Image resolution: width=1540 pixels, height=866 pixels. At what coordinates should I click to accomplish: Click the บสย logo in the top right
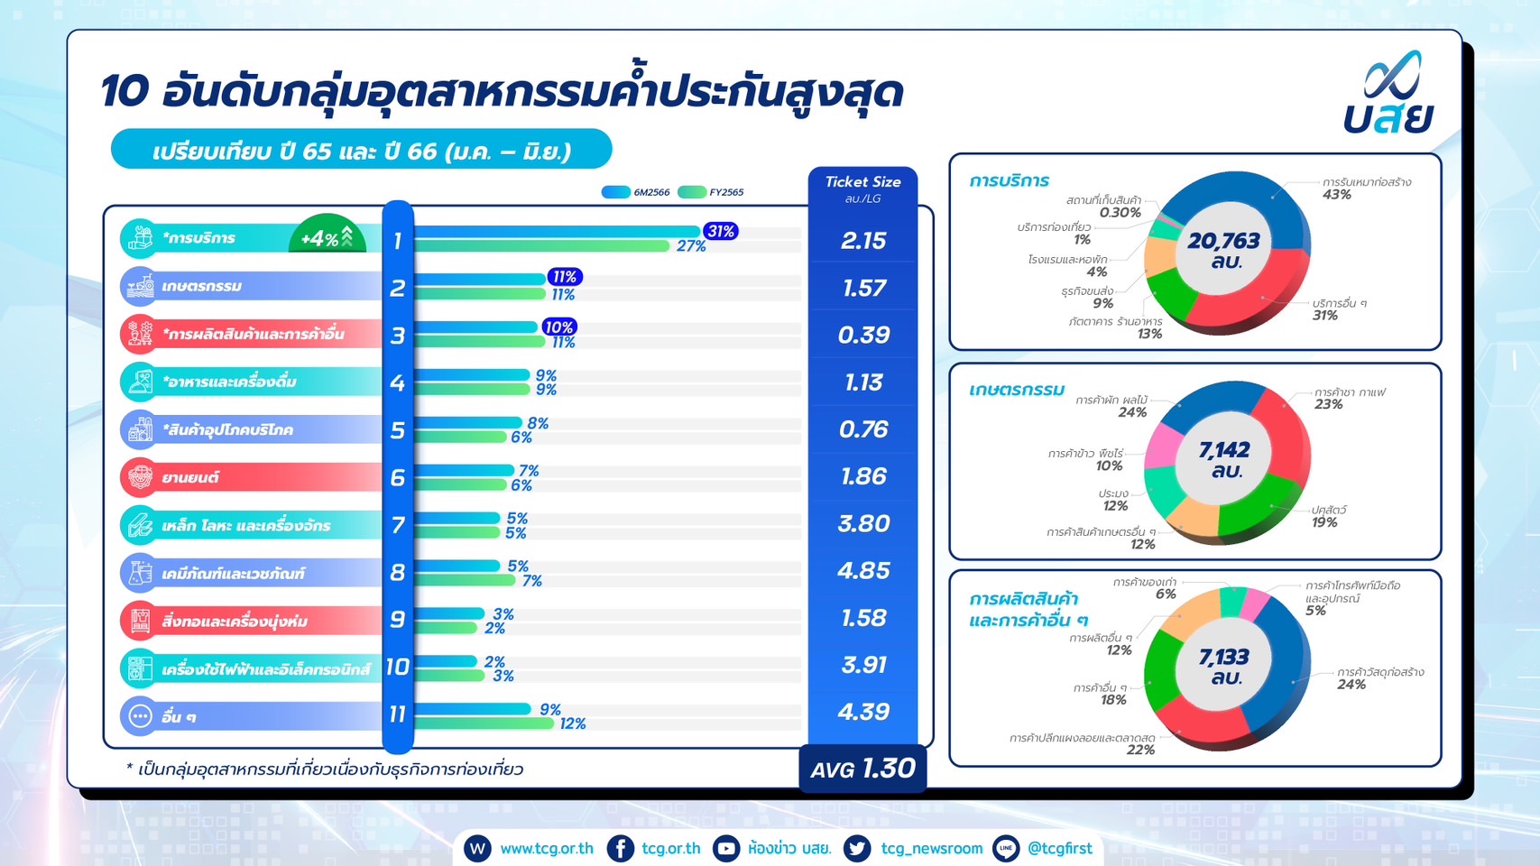pos(1388,92)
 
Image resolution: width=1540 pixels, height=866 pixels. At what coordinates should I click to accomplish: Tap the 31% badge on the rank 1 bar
pos(721,231)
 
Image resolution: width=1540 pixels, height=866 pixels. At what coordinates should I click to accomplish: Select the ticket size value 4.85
pos(863,570)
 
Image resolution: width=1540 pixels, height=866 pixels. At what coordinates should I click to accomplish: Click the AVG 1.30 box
pos(862,769)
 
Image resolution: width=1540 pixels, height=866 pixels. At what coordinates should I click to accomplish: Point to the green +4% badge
pos(327,237)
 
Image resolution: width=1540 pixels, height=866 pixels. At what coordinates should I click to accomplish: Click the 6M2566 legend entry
pos(635,192)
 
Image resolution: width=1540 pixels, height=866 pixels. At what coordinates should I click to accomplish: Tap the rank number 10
pos(397,667)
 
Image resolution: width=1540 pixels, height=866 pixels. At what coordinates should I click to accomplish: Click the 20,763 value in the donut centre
pos(1223,241)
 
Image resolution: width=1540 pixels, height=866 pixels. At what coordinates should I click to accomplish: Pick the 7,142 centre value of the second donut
pos(1223,450)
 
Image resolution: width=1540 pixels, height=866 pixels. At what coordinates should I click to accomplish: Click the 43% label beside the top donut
pos(1336,195)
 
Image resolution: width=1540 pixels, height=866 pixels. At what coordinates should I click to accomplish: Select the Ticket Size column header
pos(862,181)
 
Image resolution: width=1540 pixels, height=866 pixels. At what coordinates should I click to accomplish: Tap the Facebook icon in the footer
pos(620,849)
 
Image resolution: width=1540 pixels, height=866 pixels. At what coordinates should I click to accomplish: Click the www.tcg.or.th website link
pos(547,849)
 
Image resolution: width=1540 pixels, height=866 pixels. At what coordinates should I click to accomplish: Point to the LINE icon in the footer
pos(1006,849)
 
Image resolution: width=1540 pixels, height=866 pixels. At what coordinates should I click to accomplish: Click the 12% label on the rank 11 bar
pos(573,723)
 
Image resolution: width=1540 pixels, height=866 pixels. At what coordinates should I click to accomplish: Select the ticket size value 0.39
pos(863,335)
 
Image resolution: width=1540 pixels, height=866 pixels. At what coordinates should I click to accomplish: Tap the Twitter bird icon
pos(857,849)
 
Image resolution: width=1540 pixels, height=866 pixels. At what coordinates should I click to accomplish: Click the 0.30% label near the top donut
pos(1120,212)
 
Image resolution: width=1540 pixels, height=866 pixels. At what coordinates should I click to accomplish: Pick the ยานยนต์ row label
pos(190,477)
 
